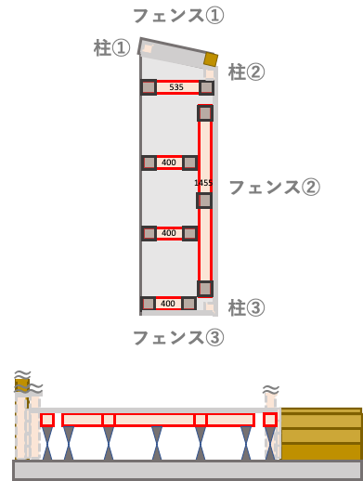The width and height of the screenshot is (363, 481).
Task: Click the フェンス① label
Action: [x=177, y=16]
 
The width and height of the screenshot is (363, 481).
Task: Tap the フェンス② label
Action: [x=274, y=188]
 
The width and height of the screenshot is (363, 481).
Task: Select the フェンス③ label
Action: [x=177, y=338]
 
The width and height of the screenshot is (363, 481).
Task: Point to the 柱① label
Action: [x=111, y=47]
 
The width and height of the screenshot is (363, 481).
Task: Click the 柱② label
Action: [x=246, y=71]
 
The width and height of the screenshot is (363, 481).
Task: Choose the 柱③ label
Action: [x=246, y=307]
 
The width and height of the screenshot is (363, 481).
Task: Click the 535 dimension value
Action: [x=176, y=87]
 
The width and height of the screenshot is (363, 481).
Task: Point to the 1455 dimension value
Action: [x=203, y=183]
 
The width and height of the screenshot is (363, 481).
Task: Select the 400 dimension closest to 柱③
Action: [x=168, y=304]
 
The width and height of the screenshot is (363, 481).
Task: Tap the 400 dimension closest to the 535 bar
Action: [x=168, y=162]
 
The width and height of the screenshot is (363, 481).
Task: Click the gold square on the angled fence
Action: [x=212, y=59]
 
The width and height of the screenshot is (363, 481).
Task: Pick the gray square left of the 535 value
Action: [x=149, y=87]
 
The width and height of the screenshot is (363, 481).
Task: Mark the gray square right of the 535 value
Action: [x=206, y=87]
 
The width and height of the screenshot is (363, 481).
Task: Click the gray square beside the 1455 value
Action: [x=204, y=200]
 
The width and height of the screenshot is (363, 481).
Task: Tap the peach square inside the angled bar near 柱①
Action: [x=148, y=48]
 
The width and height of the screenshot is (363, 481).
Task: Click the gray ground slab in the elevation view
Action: [x=186, y=470]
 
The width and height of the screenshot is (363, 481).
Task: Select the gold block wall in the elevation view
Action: [x=320, y=434]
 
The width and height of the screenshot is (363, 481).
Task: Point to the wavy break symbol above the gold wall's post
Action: [x=271, y=389]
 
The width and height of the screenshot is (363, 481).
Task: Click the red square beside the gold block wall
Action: [x=270, y=420]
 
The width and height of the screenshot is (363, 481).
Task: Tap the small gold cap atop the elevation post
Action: [x=21, y=383]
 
